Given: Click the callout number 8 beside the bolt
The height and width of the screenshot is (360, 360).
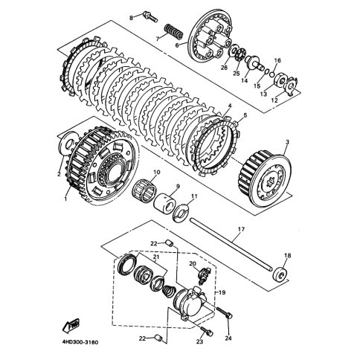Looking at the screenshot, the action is click(131, 17).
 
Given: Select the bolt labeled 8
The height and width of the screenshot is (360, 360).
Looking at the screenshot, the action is click(150, 16).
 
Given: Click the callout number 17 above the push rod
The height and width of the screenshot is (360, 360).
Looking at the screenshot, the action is click(241, 229).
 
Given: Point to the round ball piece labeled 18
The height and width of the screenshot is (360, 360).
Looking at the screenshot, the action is click(280, 274).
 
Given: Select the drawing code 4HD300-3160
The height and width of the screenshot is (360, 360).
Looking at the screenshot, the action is click(80, 343).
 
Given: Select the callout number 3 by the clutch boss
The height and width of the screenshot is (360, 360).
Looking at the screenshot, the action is click(287, 142).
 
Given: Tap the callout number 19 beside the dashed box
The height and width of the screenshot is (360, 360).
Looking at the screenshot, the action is click(222, 293).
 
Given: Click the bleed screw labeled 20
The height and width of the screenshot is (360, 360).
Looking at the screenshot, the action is click(204, 274).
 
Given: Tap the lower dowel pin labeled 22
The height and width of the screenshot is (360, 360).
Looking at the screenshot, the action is click(158, 338).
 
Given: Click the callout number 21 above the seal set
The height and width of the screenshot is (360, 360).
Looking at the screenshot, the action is click(156, 257).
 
